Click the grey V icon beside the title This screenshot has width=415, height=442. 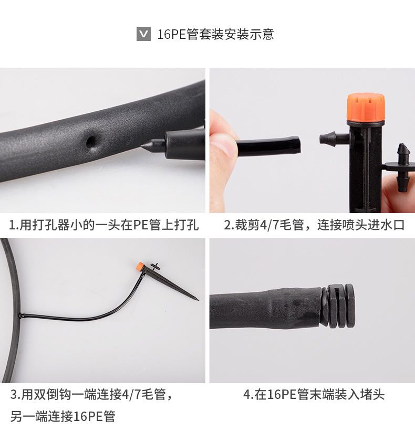143,34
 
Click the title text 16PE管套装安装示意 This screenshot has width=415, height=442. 215,34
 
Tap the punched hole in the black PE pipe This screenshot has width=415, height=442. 91,141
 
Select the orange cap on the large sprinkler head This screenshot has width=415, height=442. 366,107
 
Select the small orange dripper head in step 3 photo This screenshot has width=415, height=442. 140,266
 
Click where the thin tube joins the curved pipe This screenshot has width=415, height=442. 21,315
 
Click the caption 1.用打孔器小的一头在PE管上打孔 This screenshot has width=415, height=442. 104,225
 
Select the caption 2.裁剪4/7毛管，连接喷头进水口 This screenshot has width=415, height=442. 314,225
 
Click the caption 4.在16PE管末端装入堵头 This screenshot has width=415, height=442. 314,394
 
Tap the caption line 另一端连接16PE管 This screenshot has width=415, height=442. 63,416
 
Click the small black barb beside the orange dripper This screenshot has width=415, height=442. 154,266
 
